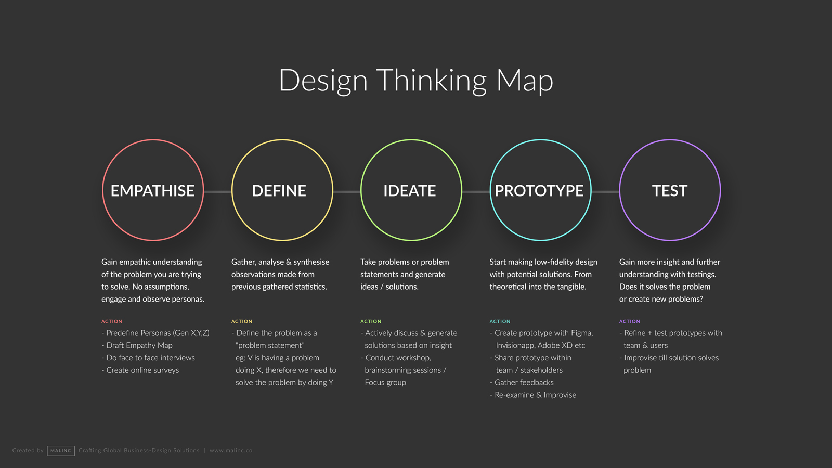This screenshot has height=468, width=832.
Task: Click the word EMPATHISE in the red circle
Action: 152,191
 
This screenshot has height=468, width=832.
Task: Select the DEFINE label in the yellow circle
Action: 279,191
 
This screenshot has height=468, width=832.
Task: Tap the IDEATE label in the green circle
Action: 409,191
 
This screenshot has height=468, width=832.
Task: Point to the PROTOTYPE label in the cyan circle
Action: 539,191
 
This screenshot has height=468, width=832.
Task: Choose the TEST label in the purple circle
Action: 670,191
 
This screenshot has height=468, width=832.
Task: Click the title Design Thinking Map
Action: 416,81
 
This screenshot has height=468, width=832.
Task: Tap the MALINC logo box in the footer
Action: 60,450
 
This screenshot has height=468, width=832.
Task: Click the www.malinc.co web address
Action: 231,450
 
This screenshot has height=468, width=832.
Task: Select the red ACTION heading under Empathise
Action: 112,322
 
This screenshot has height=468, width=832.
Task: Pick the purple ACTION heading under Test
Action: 630,322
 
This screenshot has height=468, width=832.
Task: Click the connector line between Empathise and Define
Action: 218,192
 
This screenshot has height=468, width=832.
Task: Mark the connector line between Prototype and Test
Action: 605,192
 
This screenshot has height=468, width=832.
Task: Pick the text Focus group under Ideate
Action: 385,383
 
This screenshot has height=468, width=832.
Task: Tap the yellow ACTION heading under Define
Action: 242,322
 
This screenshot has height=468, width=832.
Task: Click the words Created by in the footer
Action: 28,450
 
